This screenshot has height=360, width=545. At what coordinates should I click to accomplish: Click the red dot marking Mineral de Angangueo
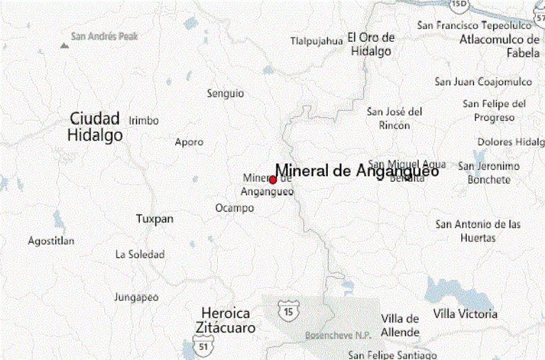[x=273, y=180]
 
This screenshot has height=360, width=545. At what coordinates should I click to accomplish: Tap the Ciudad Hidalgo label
[x=95, y=126]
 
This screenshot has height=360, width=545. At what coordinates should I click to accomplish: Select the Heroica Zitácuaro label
[x=228, y=320]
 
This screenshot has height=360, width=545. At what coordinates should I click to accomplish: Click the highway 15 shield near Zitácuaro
[x=287, y=312]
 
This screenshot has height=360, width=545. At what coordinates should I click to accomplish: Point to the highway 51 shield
[x=204, y=347]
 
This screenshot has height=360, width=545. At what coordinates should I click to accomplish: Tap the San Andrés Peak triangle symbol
[x=65, y=45]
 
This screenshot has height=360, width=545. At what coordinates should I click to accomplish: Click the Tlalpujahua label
[x=316, y=41]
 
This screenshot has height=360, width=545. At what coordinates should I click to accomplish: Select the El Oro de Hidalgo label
[x=370, y=44]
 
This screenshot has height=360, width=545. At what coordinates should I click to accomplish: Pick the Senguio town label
[x=225, y=93]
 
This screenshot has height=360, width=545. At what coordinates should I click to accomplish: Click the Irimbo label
[x=143, y=121]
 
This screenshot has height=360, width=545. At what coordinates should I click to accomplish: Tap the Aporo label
[x=189, y=142]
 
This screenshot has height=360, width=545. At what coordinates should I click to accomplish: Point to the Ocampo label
[x=234, y=208]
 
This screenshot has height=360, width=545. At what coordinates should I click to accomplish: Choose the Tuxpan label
[x=154, y=219]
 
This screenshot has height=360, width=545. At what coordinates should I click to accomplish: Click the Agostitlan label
[x=51, y=241]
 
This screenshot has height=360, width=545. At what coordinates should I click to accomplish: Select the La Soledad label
[x=140, y=254]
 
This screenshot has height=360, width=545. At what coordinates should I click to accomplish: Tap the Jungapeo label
[x=136, y=297]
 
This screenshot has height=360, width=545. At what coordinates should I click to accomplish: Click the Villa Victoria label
[x=465, y=314]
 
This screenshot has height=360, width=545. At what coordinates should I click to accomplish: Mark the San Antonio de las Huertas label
[x=478, y=231]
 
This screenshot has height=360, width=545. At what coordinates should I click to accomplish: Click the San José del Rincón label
[x=395, y=118]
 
